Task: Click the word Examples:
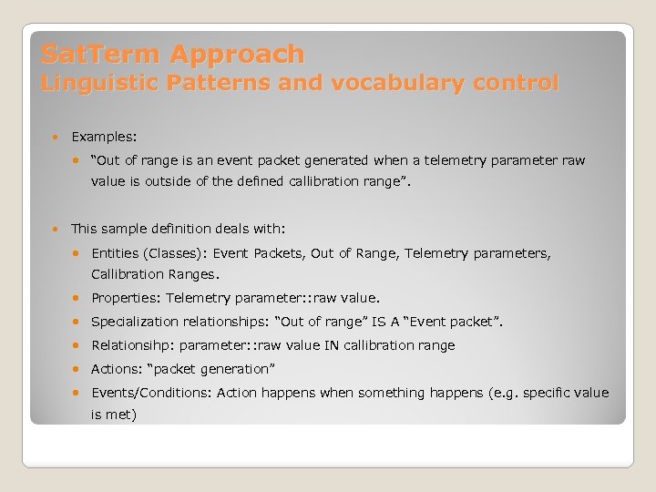coord(104,137)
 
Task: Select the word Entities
coord(116,253)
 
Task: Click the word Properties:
coord(126,298)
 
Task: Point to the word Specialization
coord(137,322)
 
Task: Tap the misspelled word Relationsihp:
coord(133,345)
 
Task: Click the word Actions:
coord(116,369)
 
